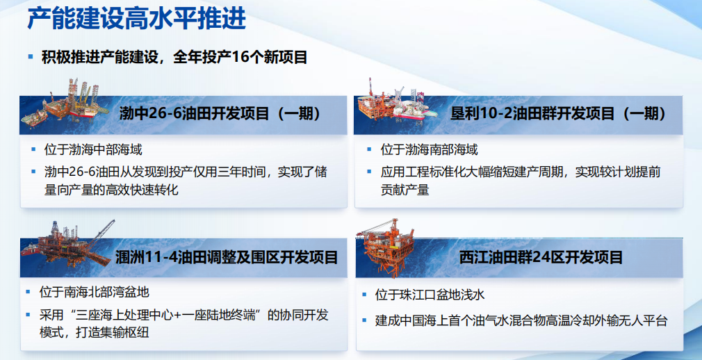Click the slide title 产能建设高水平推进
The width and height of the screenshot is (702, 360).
(x=136, y=18)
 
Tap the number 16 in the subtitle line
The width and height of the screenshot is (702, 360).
(x=241, y=57)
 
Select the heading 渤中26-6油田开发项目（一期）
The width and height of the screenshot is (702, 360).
(x=220, y=113)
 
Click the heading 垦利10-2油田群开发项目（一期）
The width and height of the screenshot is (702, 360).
(x=559, y=113)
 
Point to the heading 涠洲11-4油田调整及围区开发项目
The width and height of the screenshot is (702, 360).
(x=227, y=257)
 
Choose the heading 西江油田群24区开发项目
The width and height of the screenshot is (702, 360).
(x=541, y=257)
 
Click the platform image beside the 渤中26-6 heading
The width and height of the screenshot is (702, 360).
(x=65, y=104)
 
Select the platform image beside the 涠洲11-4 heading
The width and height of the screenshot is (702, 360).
(x=68, y=244)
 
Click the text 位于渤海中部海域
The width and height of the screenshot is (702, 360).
(x=93, y=149)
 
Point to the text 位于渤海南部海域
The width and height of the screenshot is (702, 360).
(x=430, y=149)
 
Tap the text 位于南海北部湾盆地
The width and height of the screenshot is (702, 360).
(x=94, y=293)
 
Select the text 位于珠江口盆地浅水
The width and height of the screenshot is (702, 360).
(x=430, y=295)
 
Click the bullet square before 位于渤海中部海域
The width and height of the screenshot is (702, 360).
(x=33, y=149)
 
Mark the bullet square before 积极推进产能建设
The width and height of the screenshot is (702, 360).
(x=31, y=57)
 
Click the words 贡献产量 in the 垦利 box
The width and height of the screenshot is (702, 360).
(x=405, y=190)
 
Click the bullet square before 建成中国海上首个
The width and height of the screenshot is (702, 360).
(x=365, y=320)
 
